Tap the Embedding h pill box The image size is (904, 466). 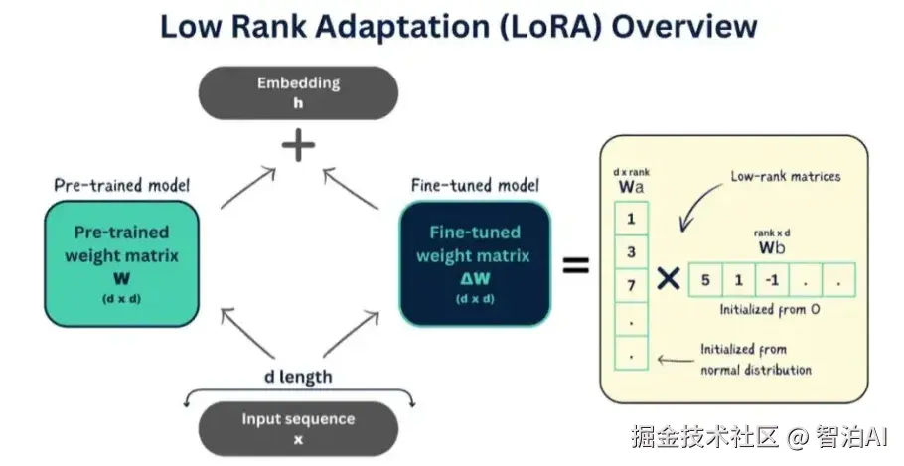coord(298,92)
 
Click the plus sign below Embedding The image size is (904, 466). coord(298,146)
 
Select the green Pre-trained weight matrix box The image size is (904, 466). coord(118,263)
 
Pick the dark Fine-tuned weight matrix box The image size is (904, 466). coord(474,263)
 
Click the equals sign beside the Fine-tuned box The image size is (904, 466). coord(576,265)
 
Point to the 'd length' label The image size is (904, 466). coord(298,377)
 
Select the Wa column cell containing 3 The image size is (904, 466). coord(632,252)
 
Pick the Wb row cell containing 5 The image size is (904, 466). coord(704,279)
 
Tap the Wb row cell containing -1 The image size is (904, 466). coord(772,279)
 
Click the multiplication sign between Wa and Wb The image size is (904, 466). coord(670,280)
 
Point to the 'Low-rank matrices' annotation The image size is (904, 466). coord(785,177)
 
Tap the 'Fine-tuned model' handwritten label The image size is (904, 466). coord(475,186)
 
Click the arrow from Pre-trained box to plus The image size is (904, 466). coord(245,188)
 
